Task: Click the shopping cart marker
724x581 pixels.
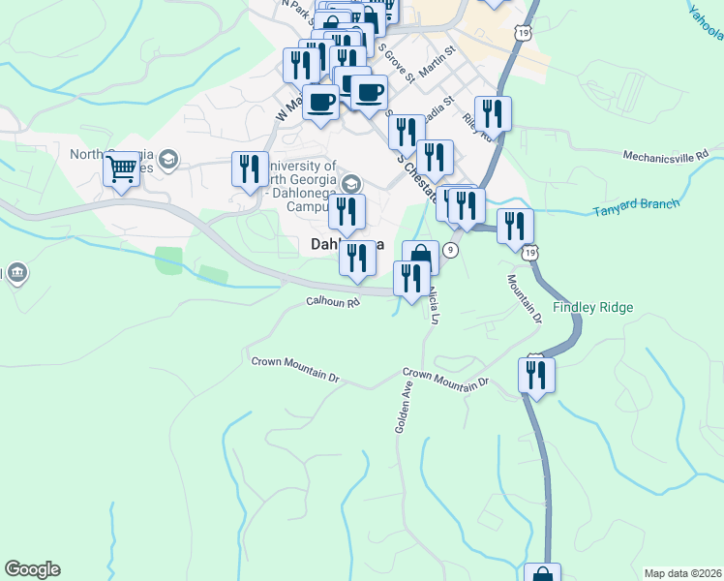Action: coord(122,170)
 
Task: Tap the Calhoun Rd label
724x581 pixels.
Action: coord(333,302)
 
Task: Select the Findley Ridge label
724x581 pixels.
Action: coord(592,308)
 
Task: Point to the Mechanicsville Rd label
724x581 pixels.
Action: coord(666,154)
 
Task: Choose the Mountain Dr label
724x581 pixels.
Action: coord(523,297)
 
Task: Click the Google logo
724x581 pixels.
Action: coord(32,569)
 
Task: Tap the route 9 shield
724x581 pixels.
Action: coord(451,250)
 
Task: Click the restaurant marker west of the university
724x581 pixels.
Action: coord(250,169)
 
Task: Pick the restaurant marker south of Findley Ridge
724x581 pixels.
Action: coord(536,375)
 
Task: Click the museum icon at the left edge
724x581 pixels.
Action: coord(15,274)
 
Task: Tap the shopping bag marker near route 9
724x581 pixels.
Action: coord(420,258)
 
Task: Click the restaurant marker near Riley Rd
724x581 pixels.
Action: coord(493,114)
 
